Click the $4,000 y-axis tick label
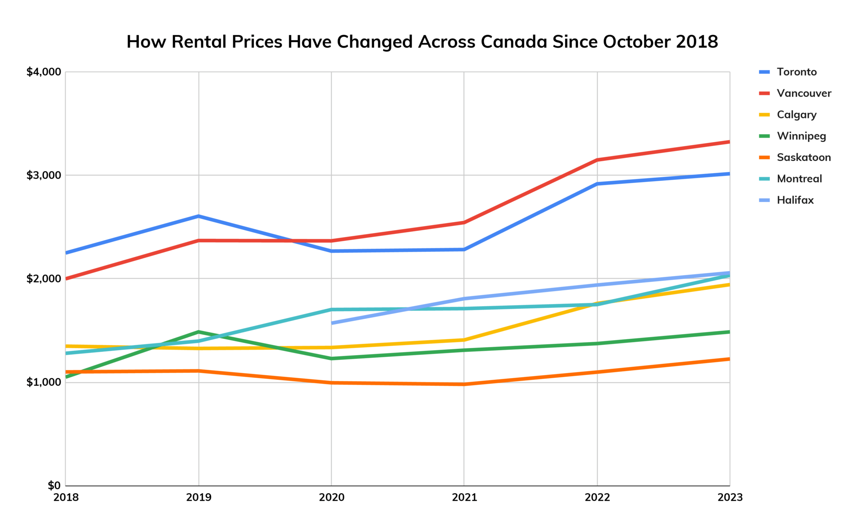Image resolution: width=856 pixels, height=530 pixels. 43,72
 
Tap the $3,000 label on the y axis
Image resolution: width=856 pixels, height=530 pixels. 43,175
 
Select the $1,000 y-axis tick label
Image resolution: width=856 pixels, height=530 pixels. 43,382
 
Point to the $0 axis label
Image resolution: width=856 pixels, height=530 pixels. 54,486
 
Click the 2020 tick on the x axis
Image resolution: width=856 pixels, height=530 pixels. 331,497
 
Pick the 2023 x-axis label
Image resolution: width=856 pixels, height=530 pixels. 730,497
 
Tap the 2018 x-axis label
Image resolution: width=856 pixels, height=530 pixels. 66,497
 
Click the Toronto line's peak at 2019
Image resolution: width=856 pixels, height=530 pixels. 199,216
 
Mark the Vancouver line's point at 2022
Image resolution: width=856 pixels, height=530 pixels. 597,160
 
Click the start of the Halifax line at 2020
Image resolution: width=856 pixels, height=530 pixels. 332,323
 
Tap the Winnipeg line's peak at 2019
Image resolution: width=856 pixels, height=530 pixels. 199,332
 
